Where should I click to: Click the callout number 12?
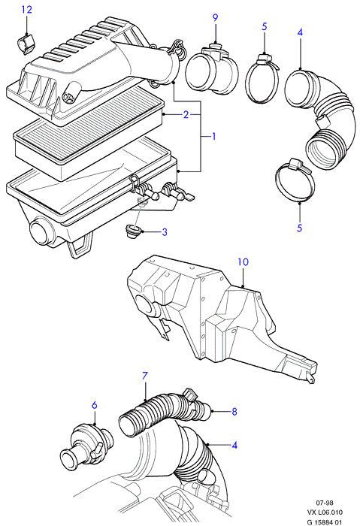click(27, 9)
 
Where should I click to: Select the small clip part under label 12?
click(26, 44)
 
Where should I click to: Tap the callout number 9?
click(215, 17)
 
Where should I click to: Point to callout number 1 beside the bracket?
click(213, 137)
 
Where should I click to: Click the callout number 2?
click(186, 115)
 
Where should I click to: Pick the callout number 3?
click(165, 231)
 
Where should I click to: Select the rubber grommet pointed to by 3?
click(134, 231)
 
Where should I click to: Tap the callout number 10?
click(243, 261)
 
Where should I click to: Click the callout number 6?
click(94, 405)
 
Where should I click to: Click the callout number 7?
click(145, 376)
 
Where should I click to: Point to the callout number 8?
click(234, 411)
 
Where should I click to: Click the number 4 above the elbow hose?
click(300, 32)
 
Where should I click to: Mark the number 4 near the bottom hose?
click(234, 445)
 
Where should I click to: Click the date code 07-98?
click(325, 503)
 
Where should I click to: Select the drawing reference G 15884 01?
click(325, 521)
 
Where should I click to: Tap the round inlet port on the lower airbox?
click(41, 232)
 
